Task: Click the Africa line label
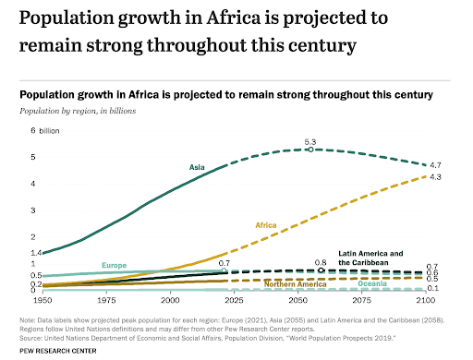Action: [x=267, y=224]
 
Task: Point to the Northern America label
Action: [x=296, y=284]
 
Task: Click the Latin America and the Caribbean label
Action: [x=370, y=258]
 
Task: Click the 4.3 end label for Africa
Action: [x=434, y=176]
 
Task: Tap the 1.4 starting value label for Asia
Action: [x=36, y=252]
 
